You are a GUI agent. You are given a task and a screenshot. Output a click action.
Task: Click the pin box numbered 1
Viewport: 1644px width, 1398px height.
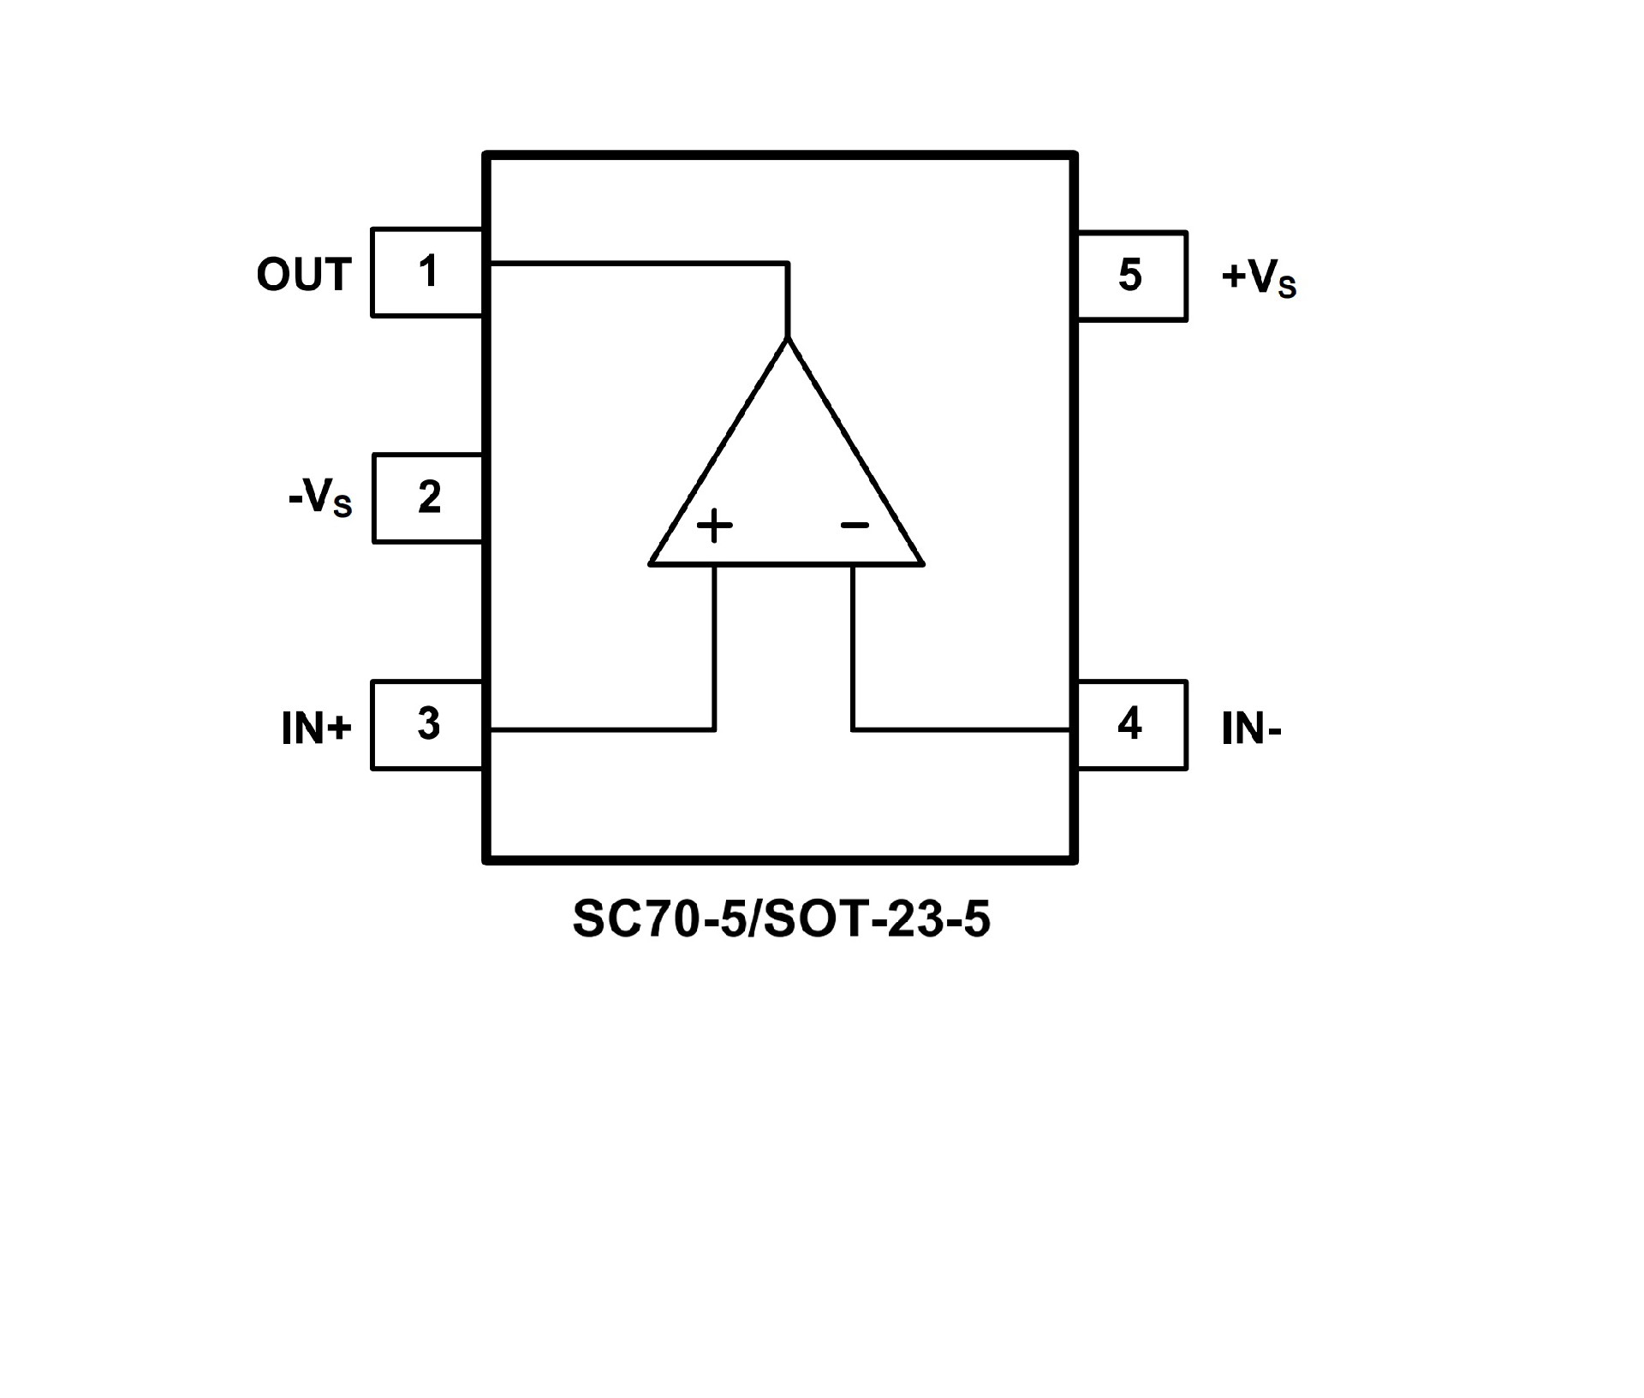pyautogui.click(x=427, y=272)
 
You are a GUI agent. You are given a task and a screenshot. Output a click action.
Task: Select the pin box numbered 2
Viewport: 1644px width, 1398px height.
pyautogui.click(x=428, y=498)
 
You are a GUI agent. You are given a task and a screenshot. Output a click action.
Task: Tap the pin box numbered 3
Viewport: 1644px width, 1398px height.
pyautogui.click(x=427, y=725)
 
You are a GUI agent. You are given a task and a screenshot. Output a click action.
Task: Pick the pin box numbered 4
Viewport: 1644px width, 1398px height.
pyautogui.click(x=1131, y=725)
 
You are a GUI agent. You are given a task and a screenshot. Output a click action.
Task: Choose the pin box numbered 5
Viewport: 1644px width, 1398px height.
pyautogui.click(x=1131, y=276)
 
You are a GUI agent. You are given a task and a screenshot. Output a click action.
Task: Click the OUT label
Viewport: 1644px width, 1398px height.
pyautogui.click(x=304, y=275)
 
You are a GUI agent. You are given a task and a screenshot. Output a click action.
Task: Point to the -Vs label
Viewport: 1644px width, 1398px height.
pyautogui.click(x=319, y=498)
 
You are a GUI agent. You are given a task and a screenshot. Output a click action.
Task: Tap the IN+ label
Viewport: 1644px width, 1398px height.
pyautogui.click(x=316, y=729)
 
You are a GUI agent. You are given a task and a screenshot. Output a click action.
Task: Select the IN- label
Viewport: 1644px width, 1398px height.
pyautogui.click(x=1251, y=729)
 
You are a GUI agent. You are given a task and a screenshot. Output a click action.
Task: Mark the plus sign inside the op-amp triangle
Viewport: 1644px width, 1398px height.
pyautogui.click(x=715, y=526)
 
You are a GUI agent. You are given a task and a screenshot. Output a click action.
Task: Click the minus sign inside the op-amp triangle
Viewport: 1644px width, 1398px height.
pyautogui.click(x=855, y=525)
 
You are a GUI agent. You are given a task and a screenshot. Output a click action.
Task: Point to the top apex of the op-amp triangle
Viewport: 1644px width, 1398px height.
pyautogui.click(x=788, y=339)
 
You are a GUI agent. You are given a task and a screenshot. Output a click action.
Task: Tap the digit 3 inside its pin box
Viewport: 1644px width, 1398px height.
pyautogui.click(x=428, y=723)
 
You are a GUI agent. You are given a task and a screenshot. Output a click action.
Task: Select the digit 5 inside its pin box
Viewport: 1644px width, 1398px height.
pyautogui.click(x=1130, y=276)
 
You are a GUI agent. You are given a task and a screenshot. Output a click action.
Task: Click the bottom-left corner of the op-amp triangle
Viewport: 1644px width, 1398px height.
pyautogui.click(x=651, y=564)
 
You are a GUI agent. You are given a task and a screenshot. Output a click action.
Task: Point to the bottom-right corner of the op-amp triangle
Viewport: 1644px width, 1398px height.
pyautogui.click(x=923, y=564)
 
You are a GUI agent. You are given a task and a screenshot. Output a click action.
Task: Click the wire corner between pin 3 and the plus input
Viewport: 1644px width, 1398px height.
pyautogui.click(x=714, y=729)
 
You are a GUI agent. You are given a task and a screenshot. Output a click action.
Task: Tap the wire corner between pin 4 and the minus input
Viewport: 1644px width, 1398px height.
pyautogui.click(x=853, y=729)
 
